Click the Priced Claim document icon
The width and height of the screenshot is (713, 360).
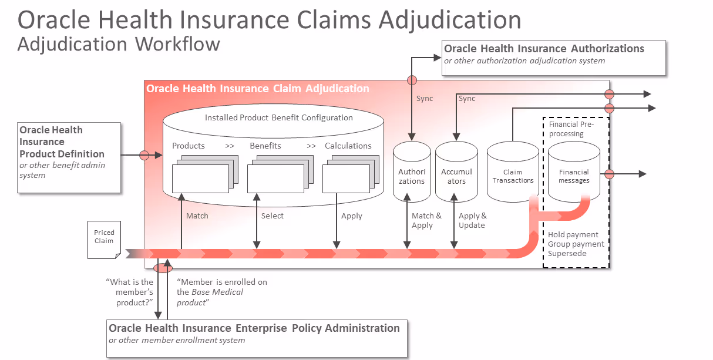pos(104,239)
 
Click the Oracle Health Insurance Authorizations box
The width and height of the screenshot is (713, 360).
pos(553,57)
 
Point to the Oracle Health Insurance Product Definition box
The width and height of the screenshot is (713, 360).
pos(69,157)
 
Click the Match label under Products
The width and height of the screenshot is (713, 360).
pos(197,216)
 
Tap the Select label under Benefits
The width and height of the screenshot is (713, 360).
pos(273,216)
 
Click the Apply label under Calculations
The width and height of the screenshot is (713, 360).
pos(352,216)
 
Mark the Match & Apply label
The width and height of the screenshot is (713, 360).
pos(426,221)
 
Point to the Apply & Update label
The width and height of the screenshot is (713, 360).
pos(473,221)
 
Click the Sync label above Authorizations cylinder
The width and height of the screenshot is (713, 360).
pos(425,99)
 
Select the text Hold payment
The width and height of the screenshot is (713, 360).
pos(573,235)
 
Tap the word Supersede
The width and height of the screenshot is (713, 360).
pos(567,254)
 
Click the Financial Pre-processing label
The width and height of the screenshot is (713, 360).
pos(571,129)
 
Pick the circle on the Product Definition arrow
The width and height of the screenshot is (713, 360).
pos(144,155)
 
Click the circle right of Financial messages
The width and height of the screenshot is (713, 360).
pos(609,174)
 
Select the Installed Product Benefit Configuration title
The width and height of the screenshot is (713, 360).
pos(279,117)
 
